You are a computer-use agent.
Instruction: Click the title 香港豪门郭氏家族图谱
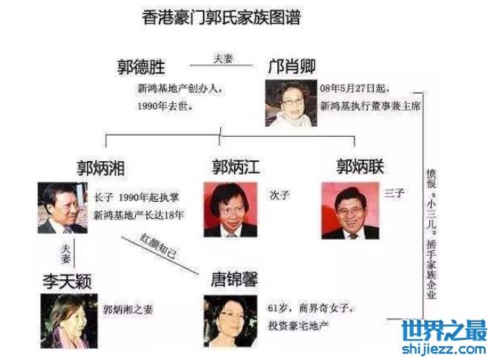coord(221,17)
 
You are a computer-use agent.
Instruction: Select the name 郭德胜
coord(141,67)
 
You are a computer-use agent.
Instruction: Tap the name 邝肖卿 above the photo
coord(291,66)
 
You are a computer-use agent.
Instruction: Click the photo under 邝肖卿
coord(290,103)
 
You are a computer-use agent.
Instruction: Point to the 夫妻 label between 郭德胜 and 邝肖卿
coord(223,59)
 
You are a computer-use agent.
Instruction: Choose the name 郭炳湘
coord(101,168)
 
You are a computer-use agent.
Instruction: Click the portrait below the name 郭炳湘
coord(62,208)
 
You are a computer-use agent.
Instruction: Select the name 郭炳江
coord(235,167)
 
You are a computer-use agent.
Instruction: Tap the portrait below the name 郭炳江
coord(230,209)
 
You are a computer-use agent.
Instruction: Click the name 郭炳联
coord(360,166)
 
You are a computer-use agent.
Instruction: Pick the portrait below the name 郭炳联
coord(350,211)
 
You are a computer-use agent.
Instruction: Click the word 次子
coord(279,195)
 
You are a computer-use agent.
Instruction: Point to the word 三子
coord(394,192)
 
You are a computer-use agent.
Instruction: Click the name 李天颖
coord(67,281)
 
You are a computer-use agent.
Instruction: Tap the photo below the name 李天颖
coord(69,321)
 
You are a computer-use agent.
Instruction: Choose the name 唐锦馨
coord(234,279)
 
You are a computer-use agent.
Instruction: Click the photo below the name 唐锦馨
coord(230,321)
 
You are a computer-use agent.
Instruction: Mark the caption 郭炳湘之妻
coord(128,310)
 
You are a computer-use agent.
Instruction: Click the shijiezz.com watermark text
coord(443,349)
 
